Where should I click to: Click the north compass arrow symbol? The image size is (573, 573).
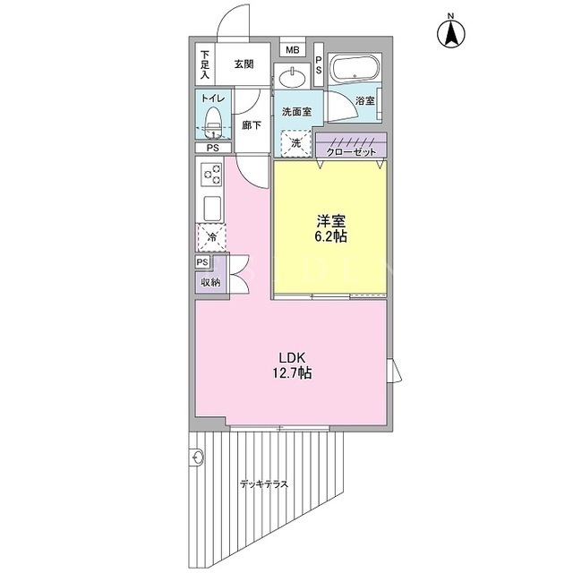click(x=451, y=34)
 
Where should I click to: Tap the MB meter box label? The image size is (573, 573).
click(x=293, y=50)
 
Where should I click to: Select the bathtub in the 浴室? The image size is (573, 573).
click(x=355, y=67)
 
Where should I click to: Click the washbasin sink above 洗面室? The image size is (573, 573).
click(x=293, y=78)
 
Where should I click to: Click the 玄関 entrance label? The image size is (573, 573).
click(x=244, y=64)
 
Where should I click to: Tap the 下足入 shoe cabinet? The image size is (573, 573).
click(x=205, y=64)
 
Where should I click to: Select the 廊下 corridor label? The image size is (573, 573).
click(x=252, y=125)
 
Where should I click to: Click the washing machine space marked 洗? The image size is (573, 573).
click(x=295, y=143)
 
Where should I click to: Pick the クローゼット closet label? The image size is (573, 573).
click(x=351, y=151)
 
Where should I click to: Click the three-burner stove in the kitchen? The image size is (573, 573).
click(x=211, y=175)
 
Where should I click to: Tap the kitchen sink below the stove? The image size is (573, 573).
click(x=212, y=209)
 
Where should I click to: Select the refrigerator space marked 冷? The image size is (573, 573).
click(x=212, y=237)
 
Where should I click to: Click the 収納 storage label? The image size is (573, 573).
click(x=210, y=282)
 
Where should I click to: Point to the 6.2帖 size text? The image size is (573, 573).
click(x=330, y=237)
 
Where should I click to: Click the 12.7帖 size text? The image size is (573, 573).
click(x=292, y=372)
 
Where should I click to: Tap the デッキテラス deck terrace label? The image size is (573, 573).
click(x=264, y=484)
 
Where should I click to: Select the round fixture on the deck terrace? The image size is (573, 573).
click(x=197, y=457)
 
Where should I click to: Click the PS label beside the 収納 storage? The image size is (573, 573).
click(x=203, y=262)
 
